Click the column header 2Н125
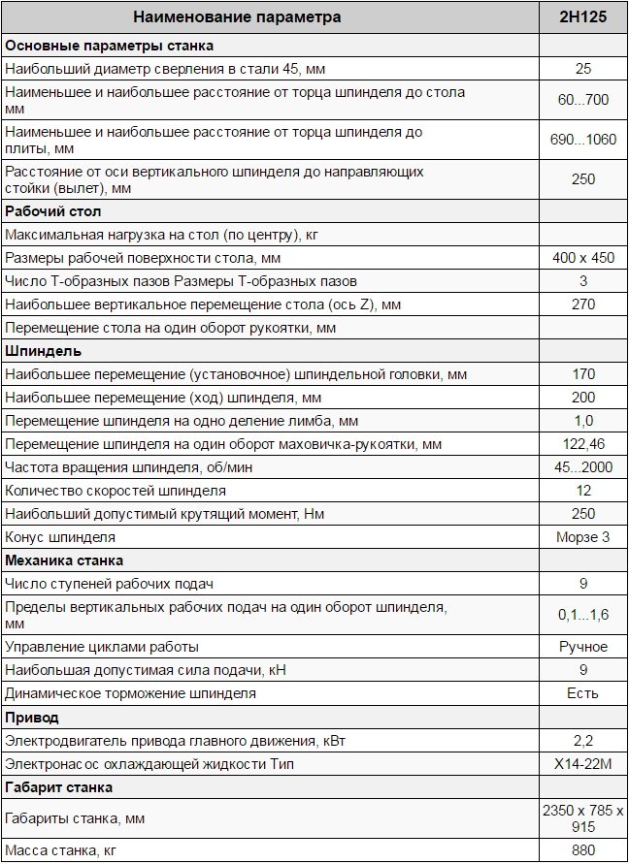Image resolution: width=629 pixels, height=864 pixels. (x=583, y=17)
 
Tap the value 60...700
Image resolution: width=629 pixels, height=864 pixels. (x=583, y=100)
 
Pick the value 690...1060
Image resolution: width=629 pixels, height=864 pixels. (x=583, y=140)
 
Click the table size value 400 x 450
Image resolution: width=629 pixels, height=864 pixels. (x=583, y=258)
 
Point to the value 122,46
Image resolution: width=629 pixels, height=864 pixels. (x=583, y=444)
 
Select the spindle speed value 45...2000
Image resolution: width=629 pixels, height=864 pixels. (x=583, y=467)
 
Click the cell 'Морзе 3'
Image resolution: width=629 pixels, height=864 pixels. (x=583, y=537)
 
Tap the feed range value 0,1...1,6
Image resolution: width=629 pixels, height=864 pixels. (x=583, y=615)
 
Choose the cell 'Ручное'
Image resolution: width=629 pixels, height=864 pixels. (x=583, y=647)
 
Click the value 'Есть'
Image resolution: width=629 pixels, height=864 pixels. (x=583, y=693)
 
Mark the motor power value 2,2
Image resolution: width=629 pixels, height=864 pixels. (x=583, y=741)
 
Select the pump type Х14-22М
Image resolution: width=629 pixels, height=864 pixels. (x=583, y=764)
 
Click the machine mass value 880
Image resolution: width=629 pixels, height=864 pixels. (x=583, y=850)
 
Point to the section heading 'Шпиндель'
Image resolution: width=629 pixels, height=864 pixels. (x=44, y=351)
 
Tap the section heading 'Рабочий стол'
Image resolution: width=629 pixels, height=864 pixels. (x=53, y=211)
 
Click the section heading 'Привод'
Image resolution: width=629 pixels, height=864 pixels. (x=32, y=718)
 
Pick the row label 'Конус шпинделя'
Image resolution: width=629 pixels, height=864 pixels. (x=60, y=537)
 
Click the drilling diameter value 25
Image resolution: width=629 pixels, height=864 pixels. (x=583, y=69)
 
